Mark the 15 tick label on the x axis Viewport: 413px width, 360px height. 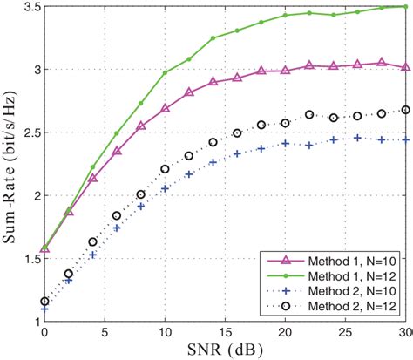226,332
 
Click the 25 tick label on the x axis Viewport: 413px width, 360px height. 346,332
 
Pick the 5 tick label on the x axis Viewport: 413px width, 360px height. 105,332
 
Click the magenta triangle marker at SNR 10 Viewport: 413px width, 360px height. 166,109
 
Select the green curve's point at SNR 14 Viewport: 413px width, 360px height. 213,38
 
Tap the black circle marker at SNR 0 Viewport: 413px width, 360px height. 44,302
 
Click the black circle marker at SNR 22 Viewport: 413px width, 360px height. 310,115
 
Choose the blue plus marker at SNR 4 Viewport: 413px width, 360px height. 93,255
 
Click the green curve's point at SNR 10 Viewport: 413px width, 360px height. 166,73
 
